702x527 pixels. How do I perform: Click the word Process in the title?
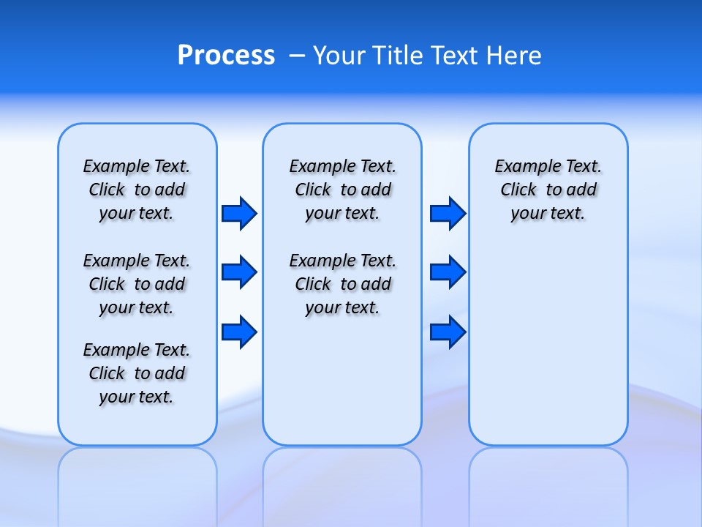(226, 55)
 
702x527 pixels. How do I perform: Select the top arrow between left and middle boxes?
(238, 213)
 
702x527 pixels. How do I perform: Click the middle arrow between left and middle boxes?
(238, 272)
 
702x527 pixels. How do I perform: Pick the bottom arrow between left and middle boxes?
(238, 332)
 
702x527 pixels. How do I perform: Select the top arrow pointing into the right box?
(448, 213)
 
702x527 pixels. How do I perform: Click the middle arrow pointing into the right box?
(448, 272)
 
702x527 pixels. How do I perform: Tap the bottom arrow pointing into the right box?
(448, 332)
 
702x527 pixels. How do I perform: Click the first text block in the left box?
(137, 190)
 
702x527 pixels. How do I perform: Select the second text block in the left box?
(137, 284)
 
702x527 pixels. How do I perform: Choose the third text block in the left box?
(137, 373)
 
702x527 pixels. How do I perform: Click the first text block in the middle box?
(342, 190)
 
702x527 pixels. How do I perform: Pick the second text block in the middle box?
(342, 284)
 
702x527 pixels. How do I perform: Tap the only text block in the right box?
(548, 190)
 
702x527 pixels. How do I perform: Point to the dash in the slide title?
(297, 56)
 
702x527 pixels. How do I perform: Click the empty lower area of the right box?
(548, 344)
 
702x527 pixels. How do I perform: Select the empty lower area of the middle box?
(342, 381)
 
